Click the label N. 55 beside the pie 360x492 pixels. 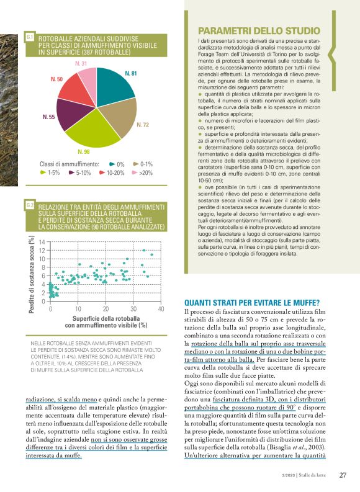(48, 117)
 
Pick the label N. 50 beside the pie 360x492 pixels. (56, 80)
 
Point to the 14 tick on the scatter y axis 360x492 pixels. (42, 242)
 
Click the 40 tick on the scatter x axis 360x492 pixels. (161, 308)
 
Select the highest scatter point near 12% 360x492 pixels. (144, 250)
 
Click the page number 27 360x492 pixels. (343, 476)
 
